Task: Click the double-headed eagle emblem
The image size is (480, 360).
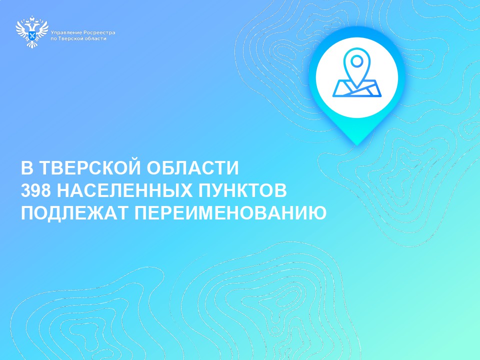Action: click(32, 32)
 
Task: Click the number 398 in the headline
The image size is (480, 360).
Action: click(35, 190)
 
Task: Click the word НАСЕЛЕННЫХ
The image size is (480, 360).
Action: click(125, 190)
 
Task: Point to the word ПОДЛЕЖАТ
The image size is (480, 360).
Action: click(74, 213)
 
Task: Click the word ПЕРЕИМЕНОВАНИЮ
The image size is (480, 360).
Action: click(230, 213)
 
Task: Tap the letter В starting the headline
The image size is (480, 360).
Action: click(26, 168)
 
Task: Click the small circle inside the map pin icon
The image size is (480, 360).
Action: click(356, 61)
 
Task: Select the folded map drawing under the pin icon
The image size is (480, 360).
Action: click(357, 88)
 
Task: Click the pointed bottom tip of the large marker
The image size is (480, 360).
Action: click(357, 145)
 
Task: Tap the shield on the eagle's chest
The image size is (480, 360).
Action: click(32, 34)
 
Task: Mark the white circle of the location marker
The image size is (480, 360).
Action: click(357, 77)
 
